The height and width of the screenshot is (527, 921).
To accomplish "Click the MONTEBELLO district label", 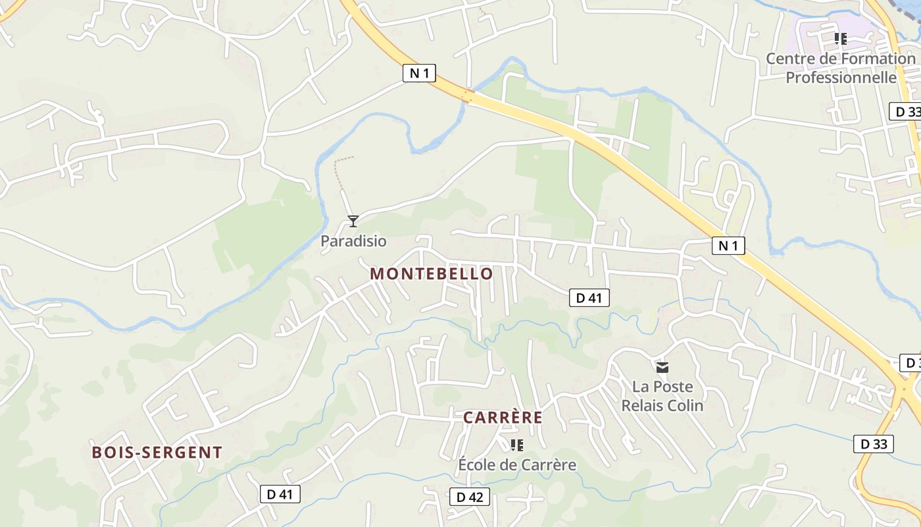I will (431, 273).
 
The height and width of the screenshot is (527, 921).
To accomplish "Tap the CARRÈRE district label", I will (503, 418).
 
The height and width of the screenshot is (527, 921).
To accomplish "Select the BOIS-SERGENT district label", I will (157, 453).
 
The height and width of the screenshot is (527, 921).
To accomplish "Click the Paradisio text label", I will (353, 241).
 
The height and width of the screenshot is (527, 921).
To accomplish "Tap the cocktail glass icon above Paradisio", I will (353, 221).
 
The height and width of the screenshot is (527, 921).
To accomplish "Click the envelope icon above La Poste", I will (662, 367).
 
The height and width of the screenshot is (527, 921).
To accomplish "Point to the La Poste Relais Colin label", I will (662, 396).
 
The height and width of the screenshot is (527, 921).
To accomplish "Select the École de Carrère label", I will (517, 465).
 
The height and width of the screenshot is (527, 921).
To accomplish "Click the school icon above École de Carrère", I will (517, 445).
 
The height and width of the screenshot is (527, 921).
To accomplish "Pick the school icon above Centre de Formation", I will (840, 39).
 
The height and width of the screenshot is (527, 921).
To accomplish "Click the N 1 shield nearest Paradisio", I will (419, 73).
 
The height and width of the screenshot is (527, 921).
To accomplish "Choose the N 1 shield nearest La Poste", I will (728, 246).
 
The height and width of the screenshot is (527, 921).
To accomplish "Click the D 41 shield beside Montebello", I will (589, 298).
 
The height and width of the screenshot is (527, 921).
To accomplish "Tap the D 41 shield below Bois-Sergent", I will (280, 494).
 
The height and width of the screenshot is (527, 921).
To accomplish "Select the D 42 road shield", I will (470, 497).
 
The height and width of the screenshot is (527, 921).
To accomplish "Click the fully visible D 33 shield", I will (874, 444).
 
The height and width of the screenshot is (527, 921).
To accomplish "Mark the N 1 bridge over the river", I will (467, 96).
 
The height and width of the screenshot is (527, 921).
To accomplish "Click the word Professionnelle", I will (841, 78).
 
